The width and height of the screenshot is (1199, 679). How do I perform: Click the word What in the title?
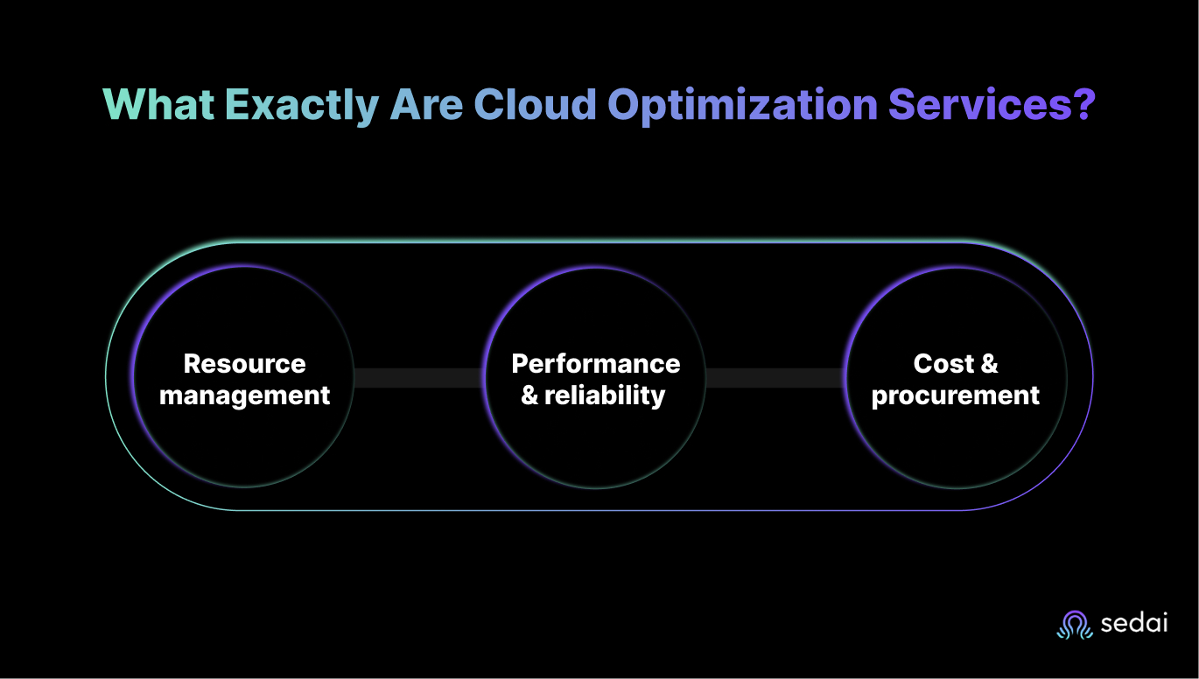(x=158, y=104)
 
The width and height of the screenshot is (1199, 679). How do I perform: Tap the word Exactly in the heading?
(x=302, y=106)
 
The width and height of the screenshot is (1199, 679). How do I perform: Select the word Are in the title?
(x=426, y=104)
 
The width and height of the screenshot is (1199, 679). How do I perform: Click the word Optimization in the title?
(x=742, y=106)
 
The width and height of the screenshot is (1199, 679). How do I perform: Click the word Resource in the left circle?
(x=245, y=364)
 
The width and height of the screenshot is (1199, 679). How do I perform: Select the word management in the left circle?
(x=245, y=396)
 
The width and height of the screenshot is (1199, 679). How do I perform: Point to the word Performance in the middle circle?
(x=596, y=364)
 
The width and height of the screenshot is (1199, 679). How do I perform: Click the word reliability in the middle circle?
(x=605, y=396)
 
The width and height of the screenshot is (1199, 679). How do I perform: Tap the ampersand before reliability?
(x=529, y=395)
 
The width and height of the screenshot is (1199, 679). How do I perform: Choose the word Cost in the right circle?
(x=943, y=364)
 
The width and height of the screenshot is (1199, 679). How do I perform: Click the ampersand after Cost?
(x=990, y=364)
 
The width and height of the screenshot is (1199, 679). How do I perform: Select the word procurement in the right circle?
(x=956, y=396)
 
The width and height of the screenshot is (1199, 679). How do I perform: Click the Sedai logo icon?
(x=1075, y=625)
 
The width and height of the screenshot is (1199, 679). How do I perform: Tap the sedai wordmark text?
(x=1134, y=623)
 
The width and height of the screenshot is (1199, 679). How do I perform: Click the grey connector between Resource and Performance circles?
(x=418, y=378)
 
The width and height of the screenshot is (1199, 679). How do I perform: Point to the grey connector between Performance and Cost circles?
(x=775, y=378)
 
